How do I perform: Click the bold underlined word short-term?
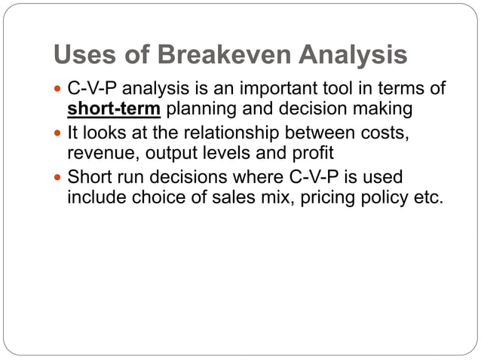[x=115, y=110]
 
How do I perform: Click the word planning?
[x=198, y=110]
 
